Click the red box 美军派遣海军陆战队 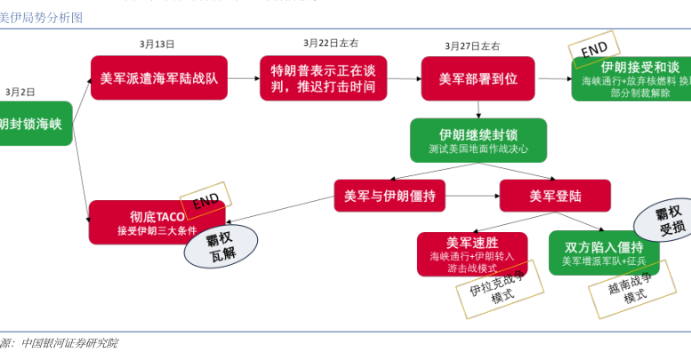159,78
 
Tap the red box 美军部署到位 478,78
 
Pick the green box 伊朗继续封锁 478,140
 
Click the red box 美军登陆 555,196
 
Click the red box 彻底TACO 142,222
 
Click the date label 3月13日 157,43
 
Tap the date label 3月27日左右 472,45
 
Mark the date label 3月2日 20,92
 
